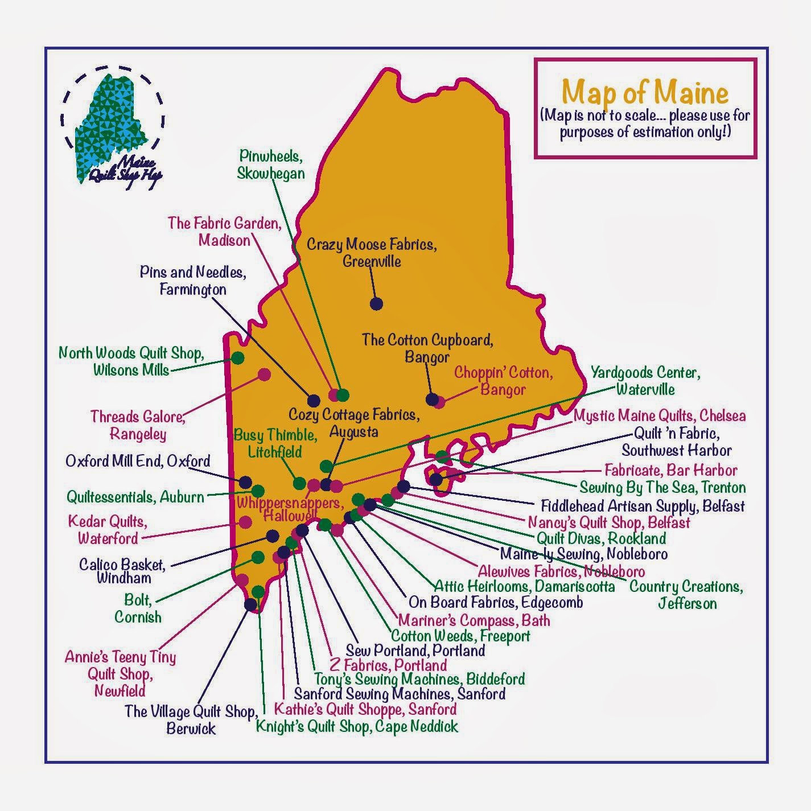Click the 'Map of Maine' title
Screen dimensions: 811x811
coord(645,92)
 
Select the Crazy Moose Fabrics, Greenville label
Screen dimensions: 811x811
coord(372,253)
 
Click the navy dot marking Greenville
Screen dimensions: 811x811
coord(376,304)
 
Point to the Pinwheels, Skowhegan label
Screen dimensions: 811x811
coord(271,164)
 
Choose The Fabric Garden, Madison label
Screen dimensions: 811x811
coord(224,231)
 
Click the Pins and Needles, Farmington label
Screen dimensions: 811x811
coord(193,281)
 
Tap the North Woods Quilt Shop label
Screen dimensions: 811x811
coord(131,361)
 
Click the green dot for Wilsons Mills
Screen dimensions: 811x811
coord(238,358)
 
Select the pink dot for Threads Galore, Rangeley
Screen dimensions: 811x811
coord(264,374)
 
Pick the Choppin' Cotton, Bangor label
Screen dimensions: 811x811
coord(503,381)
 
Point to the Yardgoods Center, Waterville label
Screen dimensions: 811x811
coord(645,381)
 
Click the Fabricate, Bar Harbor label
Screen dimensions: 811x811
coord(670,470)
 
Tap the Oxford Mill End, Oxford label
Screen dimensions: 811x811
coord(138,460)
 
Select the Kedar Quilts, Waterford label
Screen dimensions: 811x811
coord(108,529)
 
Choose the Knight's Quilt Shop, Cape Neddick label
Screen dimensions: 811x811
coord(357,726)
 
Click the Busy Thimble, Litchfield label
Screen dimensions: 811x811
coord(275,443)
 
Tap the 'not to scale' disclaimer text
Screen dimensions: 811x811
coord(645,124)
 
